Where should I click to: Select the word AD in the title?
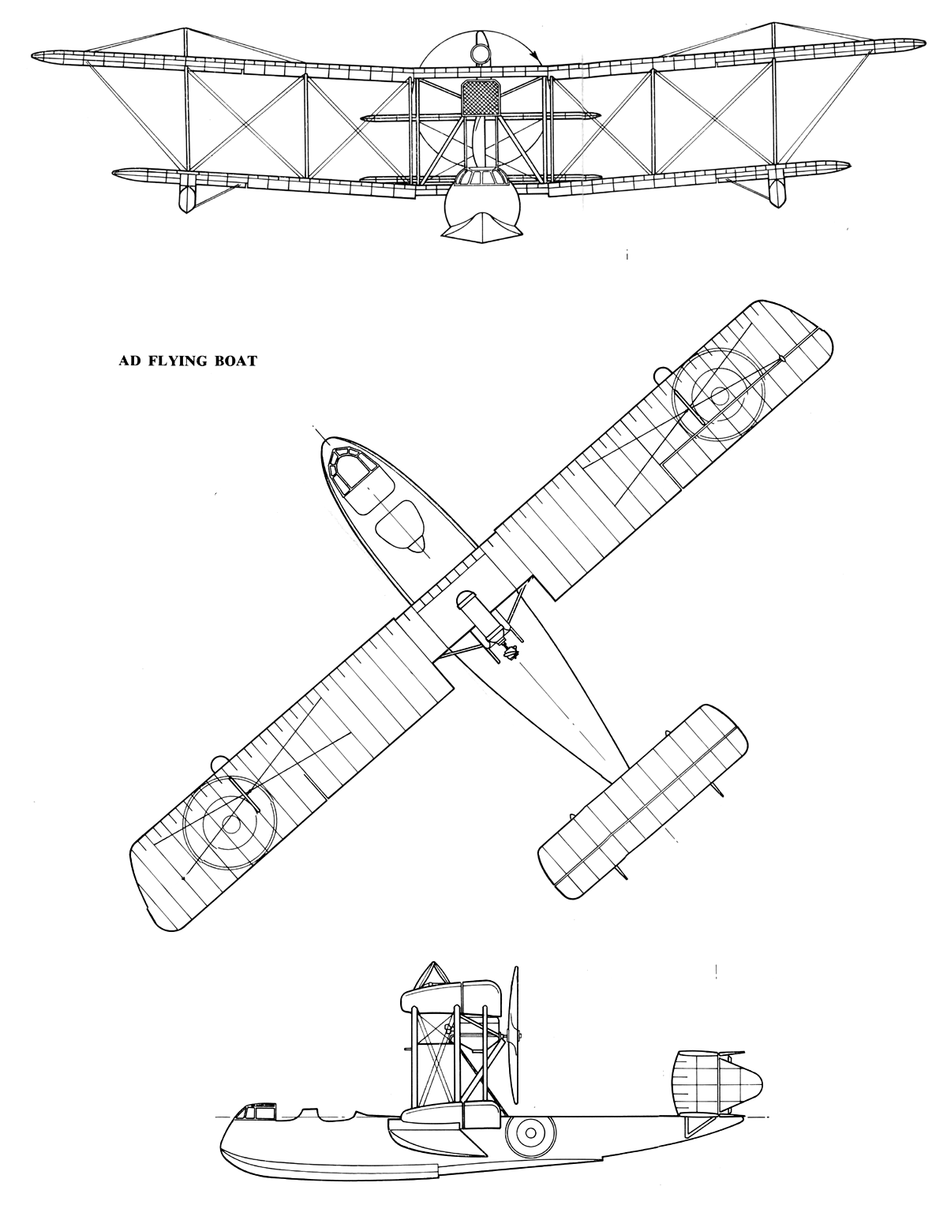130,361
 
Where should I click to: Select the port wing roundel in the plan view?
230,823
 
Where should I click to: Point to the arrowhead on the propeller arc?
537,58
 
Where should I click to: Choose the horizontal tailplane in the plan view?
642,801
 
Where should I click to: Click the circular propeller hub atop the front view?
480,54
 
